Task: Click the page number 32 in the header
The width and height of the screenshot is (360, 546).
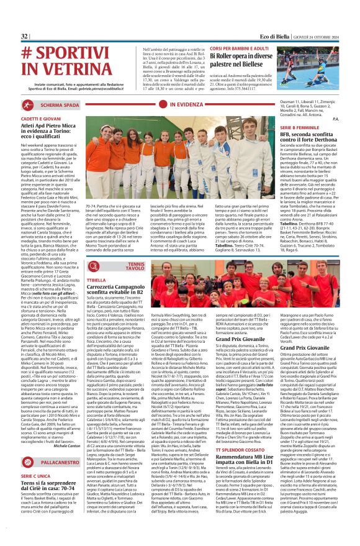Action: click(25, 37)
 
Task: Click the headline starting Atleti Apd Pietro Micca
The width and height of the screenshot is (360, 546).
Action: click(56, 129)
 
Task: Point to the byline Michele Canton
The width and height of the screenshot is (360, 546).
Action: click(67, 445)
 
